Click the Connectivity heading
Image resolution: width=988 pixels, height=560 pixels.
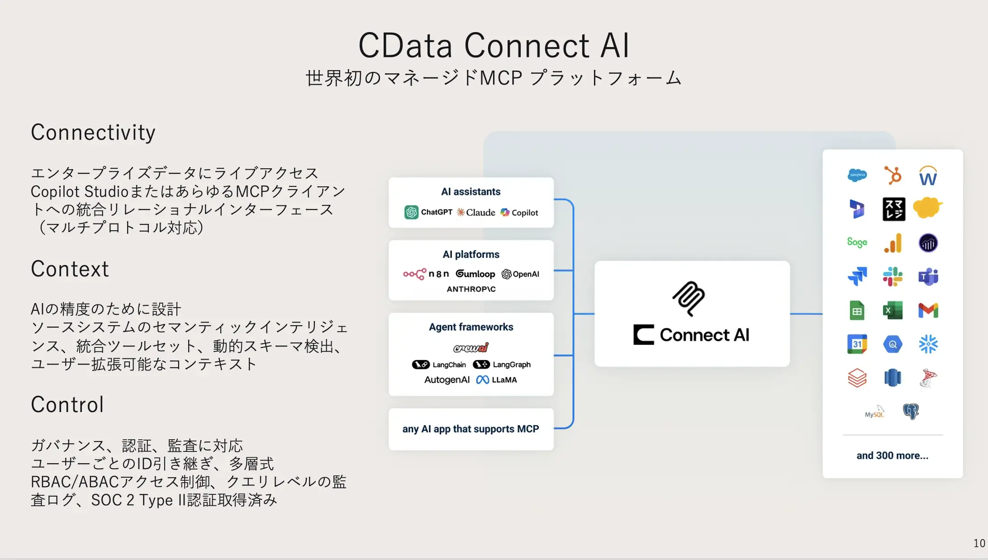coord(93,133)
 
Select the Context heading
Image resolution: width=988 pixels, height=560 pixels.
coord(70,269)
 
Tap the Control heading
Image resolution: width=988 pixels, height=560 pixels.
coord(67,404)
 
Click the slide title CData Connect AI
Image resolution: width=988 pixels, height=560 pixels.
coord(494,46)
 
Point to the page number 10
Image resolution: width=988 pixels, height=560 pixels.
coord(979,543)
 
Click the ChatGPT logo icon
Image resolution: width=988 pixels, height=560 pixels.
coord(411,212)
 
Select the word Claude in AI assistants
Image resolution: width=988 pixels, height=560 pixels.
coord(480,213)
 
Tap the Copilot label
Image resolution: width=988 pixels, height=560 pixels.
coord(525,213)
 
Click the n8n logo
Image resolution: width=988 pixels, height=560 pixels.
coord(426,274)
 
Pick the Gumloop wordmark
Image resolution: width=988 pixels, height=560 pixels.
coord(475,274)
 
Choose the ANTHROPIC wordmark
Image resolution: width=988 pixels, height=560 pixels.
coord(471,289)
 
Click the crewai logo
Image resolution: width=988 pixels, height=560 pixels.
coord(471,347)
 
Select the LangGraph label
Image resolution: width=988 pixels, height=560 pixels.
coord(511,365)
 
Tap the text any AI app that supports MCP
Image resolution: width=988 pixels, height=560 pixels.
coord(470,429)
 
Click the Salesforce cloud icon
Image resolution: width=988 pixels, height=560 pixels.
coord(857,175)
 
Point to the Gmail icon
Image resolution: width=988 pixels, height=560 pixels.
coord(928,310)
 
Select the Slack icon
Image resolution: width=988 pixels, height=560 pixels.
coord(893,276)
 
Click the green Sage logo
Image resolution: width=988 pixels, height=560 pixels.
coord(857,242)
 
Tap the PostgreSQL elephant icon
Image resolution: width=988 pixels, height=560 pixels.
coord(911,411)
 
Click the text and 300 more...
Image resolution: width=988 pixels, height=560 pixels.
coord(892,456)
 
